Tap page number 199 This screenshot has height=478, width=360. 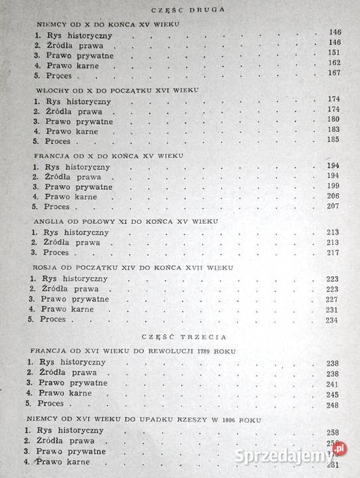332,186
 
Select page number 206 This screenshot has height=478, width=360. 332,197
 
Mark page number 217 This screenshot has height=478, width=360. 333,254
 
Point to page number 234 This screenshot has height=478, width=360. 333,319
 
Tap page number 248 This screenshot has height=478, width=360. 333,406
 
